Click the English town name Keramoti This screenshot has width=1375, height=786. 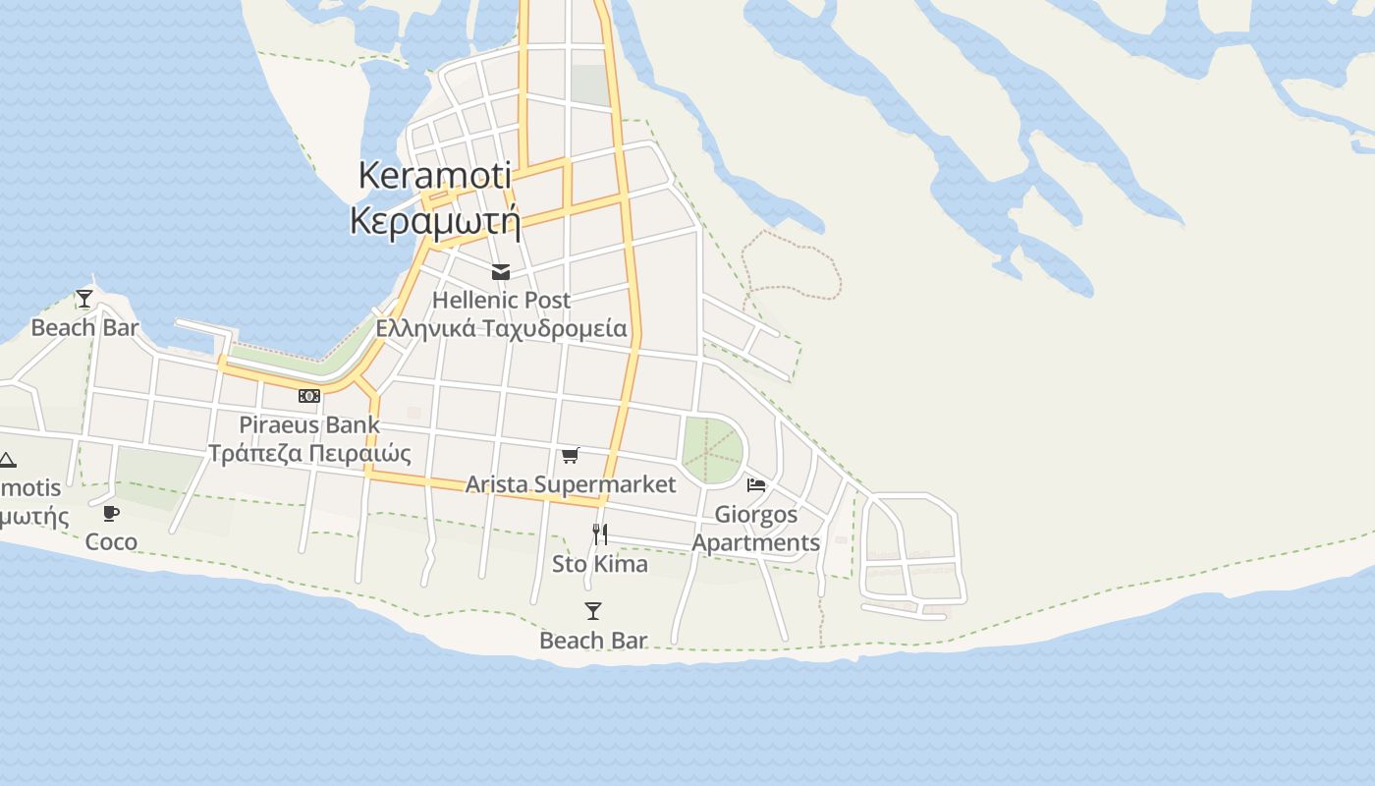pos(434,176)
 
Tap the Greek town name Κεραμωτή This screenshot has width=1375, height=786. pos(434,221)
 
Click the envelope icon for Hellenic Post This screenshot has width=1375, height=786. pos(501,272)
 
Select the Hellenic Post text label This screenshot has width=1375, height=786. pos(501,300)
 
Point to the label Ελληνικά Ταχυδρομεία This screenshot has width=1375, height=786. pos(501,328)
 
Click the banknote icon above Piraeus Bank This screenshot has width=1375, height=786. pos(309,396)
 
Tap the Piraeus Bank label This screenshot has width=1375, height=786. pos(309,424)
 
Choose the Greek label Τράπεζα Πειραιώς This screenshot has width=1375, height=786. pos(309,453)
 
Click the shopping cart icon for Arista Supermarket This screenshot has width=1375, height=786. pos(570,455)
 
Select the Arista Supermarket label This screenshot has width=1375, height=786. pos(570,484)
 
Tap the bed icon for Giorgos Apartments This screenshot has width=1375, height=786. pos(756,485)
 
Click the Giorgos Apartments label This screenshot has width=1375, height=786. pos(756,529)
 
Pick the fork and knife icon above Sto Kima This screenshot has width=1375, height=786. pos(600,534)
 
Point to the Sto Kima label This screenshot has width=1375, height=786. pos(600,564)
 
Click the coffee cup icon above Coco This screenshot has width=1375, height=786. pos(111,513)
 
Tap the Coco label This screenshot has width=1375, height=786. pos(111,541)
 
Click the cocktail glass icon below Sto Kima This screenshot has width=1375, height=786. pos(593,611)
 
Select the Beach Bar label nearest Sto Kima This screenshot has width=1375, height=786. pos(593,641)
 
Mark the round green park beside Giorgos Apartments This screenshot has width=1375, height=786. pos(712,450)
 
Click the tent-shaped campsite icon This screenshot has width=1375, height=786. pos(7,460)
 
